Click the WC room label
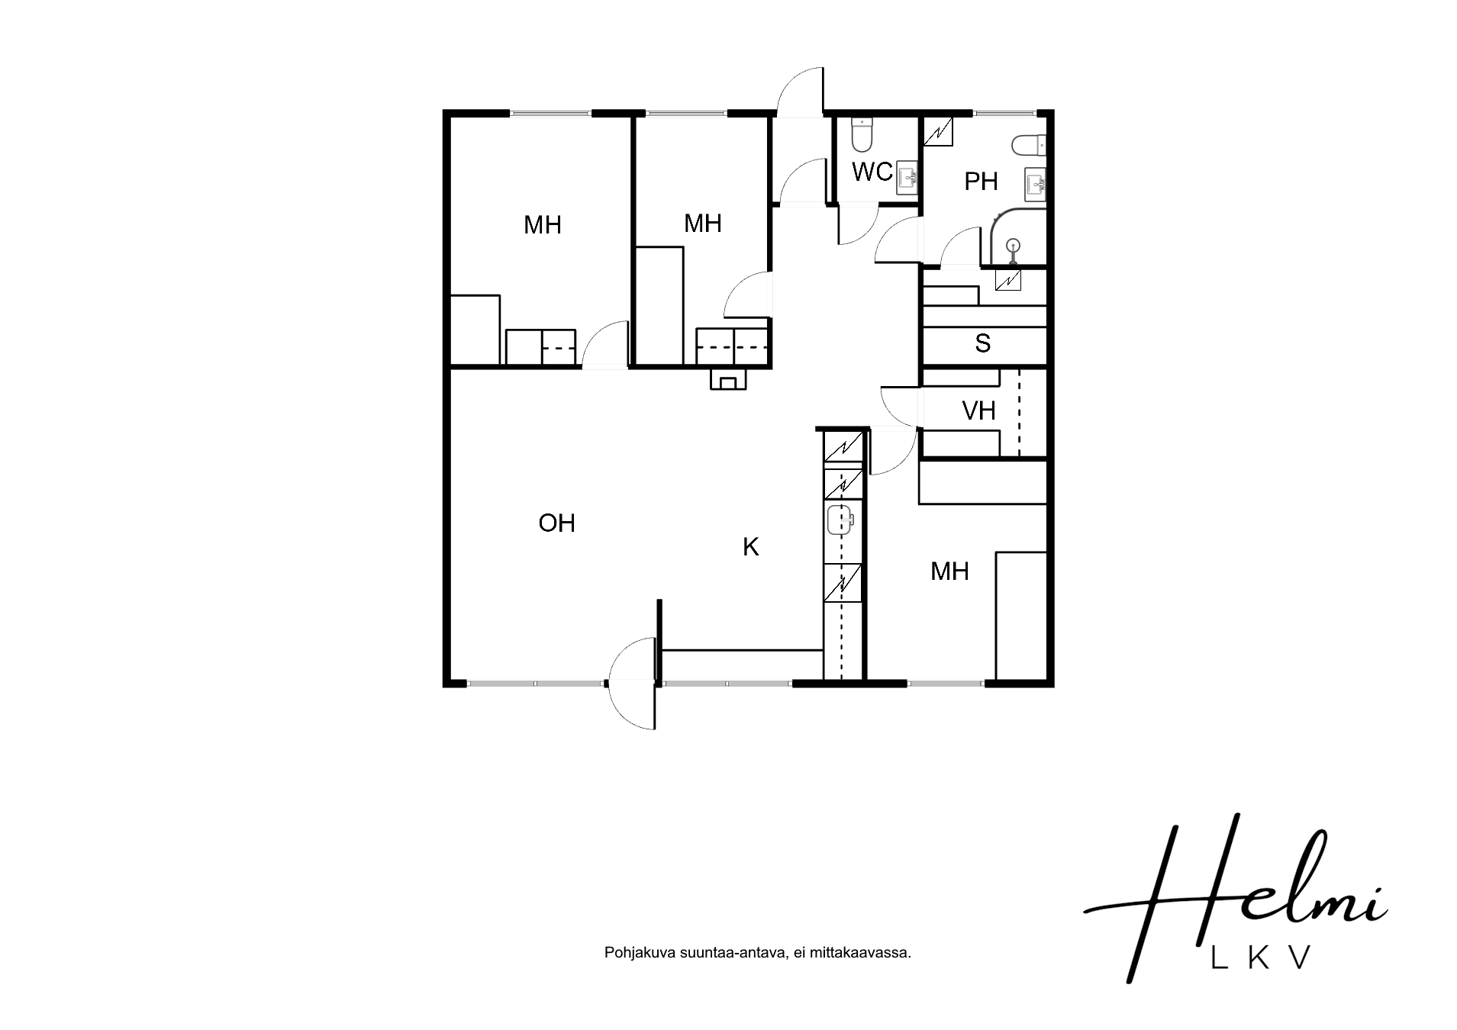coord(872,172)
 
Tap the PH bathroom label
coord(981,182)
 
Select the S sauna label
coord(982,343)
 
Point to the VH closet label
coord(978,411)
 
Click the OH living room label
coord(556,523)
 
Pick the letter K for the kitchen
coord(751,546)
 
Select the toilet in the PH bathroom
coord(1030,143)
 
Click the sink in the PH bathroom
coord(1036,184)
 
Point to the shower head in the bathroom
coord(1013,246)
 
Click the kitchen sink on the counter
coord(839,520)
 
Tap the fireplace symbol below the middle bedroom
coord(728,379)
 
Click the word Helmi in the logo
coord(1235,900)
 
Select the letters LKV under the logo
coord(1261,958)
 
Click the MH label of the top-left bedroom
coord(543,225)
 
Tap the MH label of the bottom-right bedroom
coord(949,571)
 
